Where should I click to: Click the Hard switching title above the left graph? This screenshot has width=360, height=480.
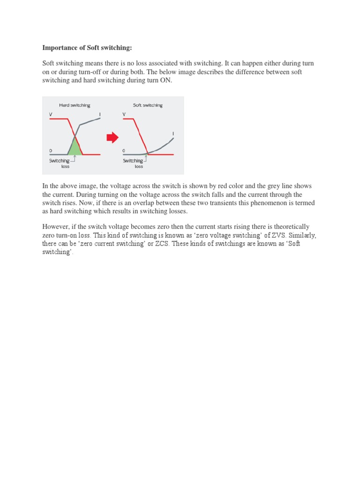(75, 105)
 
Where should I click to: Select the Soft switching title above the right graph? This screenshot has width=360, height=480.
(148, 105)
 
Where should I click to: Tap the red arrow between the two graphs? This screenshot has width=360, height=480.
(112, 137)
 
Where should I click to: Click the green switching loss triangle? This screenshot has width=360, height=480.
(75, 148)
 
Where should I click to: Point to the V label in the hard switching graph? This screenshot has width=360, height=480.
(51, 114)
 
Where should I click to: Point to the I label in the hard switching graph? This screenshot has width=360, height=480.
(100, 114)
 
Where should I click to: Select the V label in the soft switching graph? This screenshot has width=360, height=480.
(124, 114)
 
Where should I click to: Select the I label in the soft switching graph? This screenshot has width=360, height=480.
(173, 134)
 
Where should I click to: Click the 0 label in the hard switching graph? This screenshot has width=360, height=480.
(51, 151)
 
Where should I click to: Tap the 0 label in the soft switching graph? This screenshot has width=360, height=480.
(124, 151)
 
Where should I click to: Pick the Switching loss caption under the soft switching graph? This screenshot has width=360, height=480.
(134, 163)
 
